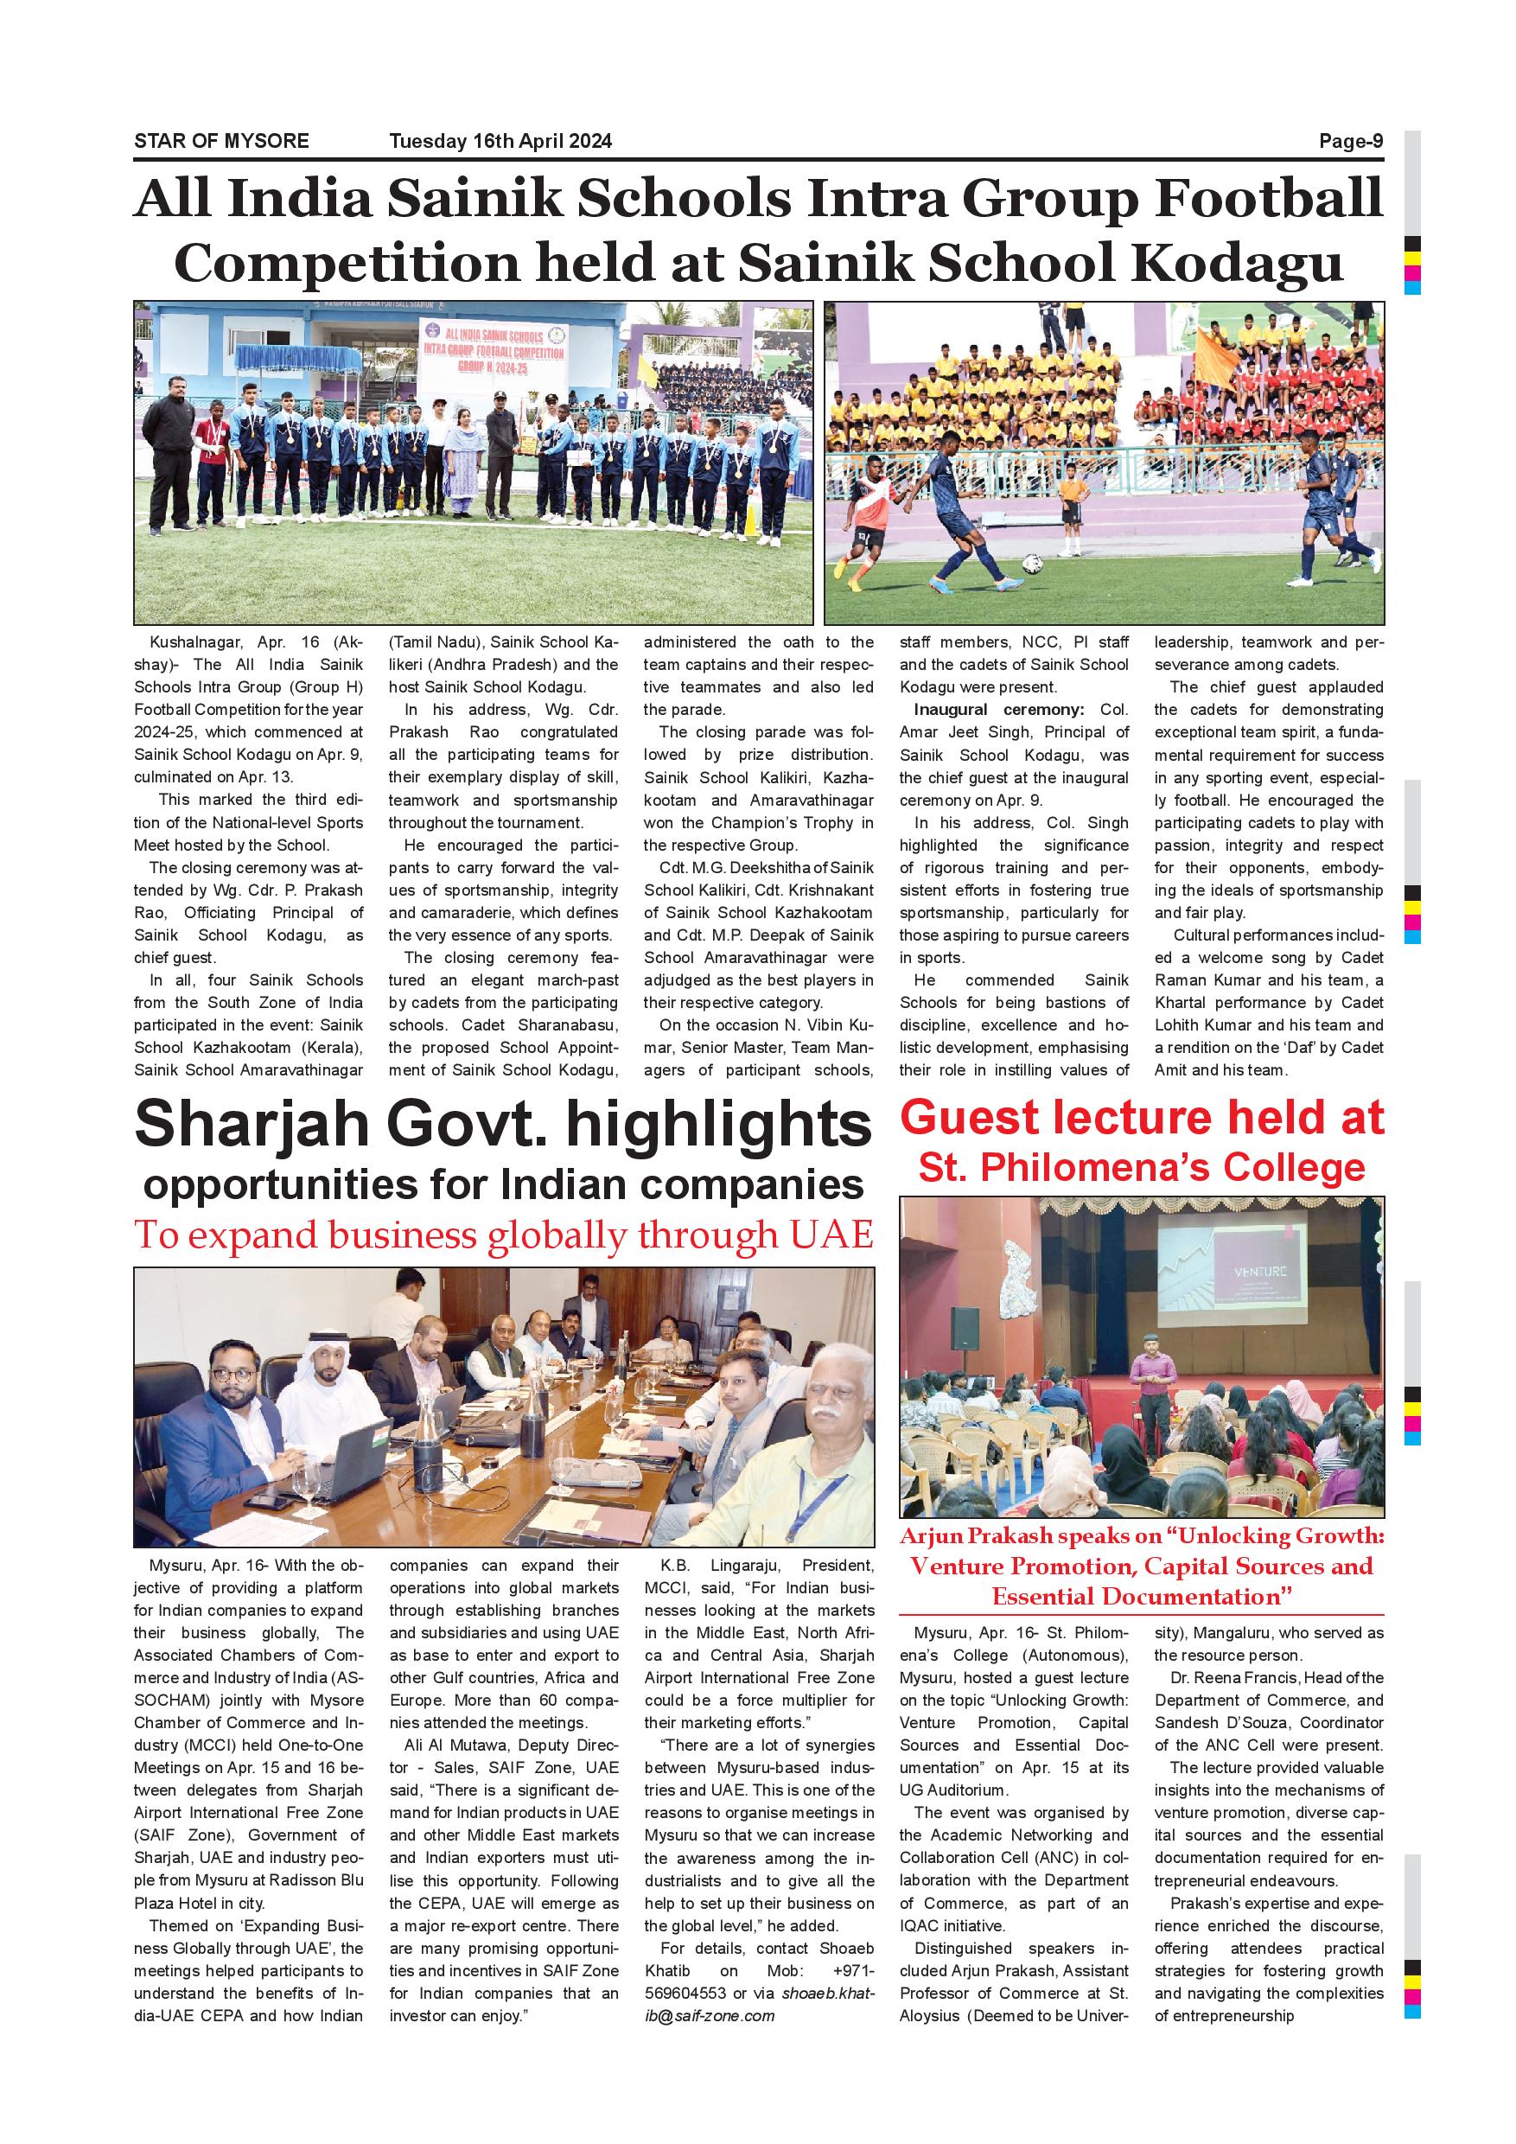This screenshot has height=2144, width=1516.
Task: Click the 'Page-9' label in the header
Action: (1350, 141)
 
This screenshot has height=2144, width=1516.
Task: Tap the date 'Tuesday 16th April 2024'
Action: (500, 141)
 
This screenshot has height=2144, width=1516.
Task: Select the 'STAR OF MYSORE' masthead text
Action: (221, 141)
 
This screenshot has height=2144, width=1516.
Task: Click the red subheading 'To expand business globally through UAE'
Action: (504, 1235)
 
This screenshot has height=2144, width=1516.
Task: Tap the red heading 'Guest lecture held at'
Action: (1142, 1118)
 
